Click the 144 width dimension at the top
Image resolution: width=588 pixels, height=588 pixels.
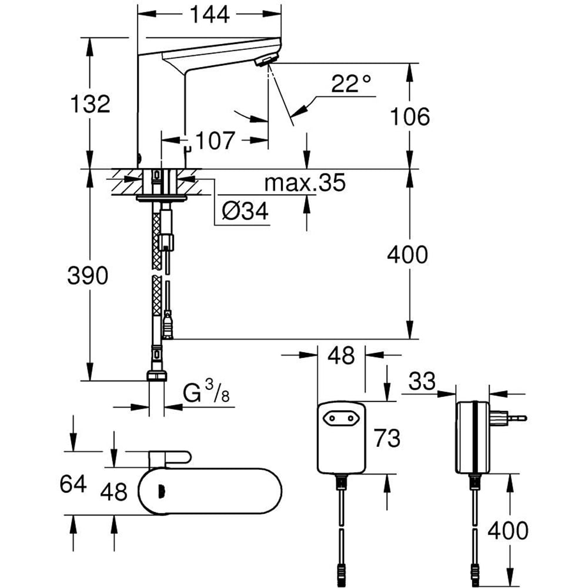click(x=210, y=14)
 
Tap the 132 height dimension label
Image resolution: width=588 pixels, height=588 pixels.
click(x=90, y=104)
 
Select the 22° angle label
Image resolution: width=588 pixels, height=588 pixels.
click(x=351, y=83)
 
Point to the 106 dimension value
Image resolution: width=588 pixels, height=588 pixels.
click(x=411, y=116)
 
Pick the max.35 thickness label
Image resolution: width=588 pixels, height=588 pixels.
click(x=304, y=183)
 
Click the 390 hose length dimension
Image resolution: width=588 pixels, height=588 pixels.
click(x=88, y=275)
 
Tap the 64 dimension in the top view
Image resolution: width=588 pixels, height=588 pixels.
click(x=73, y=484)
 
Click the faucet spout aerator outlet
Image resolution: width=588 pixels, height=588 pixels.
click(x=268, y=60)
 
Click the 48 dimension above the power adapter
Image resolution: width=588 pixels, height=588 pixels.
click(x=340, y=355)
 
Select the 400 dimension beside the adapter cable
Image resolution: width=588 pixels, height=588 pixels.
click(x=507, y=530)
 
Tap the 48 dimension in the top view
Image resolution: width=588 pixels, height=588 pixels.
click(x=113, y=492)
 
